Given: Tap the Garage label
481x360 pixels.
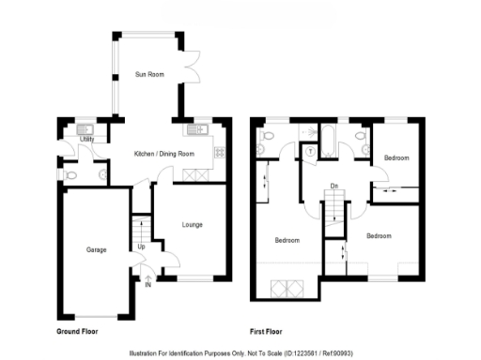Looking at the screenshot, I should pyautogui.click(x=96, y=250).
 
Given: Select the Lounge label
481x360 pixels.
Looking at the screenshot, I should pyautogui.click(x=192, y=225).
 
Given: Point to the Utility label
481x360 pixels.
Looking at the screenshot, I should pyautogui.click(x=86, y=139).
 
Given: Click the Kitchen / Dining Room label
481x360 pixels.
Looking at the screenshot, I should pyautogui.click(x=164, y=154).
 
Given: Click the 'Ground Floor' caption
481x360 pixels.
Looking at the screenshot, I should pyautogui.click(x=77, y=332).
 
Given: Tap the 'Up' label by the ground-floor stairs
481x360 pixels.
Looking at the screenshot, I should pyautogui.click(x=141, y=247).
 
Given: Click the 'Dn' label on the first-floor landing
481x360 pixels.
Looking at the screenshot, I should pyautogui.click(x=334, y=187).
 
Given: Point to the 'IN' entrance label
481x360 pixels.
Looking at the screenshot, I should pyautogui.click(x=147, y=284).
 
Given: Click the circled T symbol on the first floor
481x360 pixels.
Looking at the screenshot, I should pyautogui.click(x=310, y=149).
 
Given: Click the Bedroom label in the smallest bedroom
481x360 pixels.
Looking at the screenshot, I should pyautogui.click(x=396, y=158).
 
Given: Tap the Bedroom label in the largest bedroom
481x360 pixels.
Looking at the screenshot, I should pyautogui.click(x=287, y=240).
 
